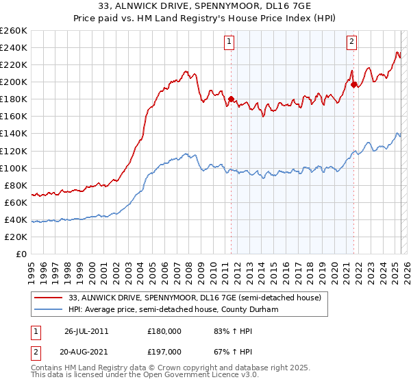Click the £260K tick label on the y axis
[14, 30]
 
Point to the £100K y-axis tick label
[14, 168]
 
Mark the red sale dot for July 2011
[231, 99]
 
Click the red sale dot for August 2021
[354, 84]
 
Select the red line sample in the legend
[49, 298]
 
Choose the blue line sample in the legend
[49, 310]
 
